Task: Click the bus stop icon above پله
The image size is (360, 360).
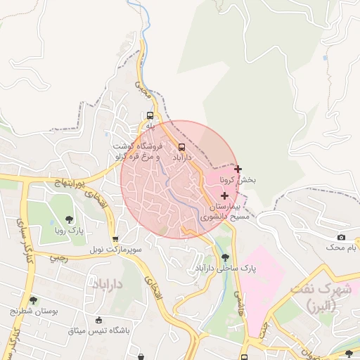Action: pyautogui.click(x=150, y=115)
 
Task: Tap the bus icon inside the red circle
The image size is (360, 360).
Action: pyautogui.click(x=182, y=147)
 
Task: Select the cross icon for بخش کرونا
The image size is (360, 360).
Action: pyautogui.click(x=238, y=169)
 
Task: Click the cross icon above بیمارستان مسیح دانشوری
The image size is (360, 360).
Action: pyautogui.click(x=224, y=195)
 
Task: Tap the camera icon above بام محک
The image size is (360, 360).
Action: pyautogui.click(x=341, y=237)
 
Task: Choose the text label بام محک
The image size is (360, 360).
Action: pyautogui.click(x=341, y=247)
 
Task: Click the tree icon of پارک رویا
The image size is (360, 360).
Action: pyautogui.click(x=68, y=219)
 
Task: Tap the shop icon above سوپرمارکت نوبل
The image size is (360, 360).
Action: pyautogui.click(x=115, y=238)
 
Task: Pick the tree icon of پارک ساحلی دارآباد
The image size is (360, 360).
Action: pyautogui.click(x=225, y=257)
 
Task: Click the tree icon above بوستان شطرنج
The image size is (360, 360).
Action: pyautogui.click(x=33, y=300)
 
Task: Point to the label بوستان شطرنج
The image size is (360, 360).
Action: pyautogui.click(x=34, y=310)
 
